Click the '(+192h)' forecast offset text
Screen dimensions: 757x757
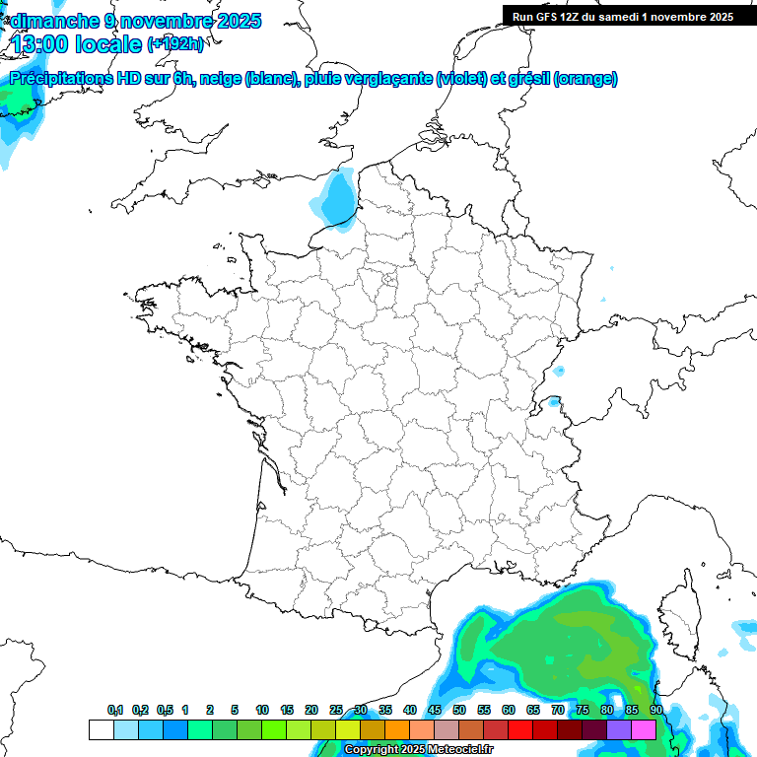click(x=175, y=43)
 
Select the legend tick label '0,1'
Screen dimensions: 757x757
click(x=114, y=711)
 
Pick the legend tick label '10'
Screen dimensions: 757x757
click(x=261, y=711)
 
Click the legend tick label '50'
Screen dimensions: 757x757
click(x=459, y=711)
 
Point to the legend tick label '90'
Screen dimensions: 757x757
click(x=655, y=711)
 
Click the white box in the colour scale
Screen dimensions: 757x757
click(x=101, y=729)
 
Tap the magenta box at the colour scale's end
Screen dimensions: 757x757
click(x=644, y=729)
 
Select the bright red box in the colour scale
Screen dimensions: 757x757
click(x=520, y=729)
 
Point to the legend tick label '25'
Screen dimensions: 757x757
click(x=336, y=711)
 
